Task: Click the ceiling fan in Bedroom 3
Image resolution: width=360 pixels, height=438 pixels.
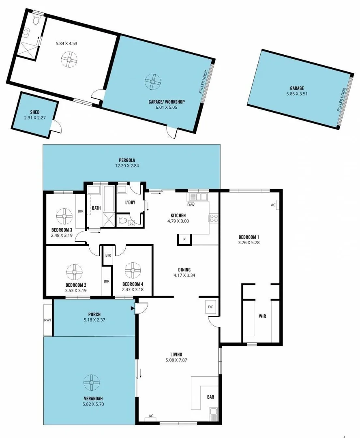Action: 64,216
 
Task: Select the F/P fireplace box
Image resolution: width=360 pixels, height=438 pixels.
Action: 211,307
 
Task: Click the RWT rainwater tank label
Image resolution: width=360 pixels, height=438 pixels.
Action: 48,320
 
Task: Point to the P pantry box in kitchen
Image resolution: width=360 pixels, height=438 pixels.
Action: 184,239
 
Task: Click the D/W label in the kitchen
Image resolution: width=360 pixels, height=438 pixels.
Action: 191,204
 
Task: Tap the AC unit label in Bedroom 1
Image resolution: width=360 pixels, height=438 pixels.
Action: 273,205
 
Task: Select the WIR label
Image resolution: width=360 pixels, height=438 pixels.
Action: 262,316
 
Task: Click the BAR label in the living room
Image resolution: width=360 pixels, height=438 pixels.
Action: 211,397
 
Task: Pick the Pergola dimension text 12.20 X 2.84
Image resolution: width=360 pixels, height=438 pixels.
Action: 127,166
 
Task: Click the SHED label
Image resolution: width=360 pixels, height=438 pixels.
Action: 35,112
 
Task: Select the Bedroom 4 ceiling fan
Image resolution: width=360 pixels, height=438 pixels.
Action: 132,270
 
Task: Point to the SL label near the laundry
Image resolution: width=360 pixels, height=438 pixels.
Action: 131,223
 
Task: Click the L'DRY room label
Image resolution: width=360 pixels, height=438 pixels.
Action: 130,202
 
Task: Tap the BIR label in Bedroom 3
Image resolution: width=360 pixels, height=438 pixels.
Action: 80,211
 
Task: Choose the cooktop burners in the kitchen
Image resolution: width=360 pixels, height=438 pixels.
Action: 214,219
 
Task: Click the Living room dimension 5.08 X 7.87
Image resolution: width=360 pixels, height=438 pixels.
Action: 176,360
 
